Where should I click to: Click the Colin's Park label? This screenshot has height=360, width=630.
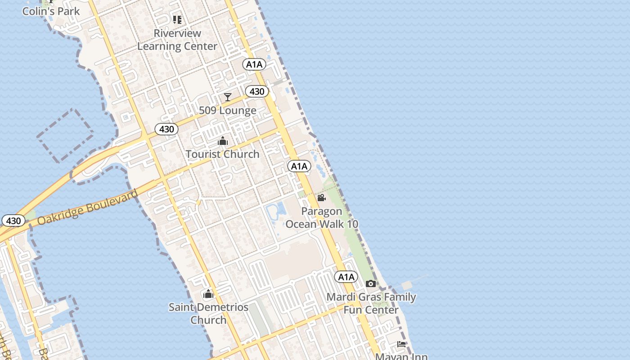51,11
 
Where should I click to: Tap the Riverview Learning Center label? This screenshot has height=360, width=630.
177,40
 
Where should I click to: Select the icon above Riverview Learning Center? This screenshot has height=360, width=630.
177,20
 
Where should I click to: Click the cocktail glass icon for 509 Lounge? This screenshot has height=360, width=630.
228,97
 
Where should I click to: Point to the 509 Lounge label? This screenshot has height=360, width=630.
228,110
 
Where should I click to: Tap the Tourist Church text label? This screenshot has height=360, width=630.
222,154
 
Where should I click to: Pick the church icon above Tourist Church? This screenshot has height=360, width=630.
222,141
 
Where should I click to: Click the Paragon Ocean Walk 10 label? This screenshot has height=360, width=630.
322,217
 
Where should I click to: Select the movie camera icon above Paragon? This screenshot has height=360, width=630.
321,198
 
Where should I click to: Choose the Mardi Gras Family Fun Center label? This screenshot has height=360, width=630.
371,303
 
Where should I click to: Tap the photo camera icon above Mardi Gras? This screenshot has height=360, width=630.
371,283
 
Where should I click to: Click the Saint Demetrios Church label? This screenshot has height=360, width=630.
208,313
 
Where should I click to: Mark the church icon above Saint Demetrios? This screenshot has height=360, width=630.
208,295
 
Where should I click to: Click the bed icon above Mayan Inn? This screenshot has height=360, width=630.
401,344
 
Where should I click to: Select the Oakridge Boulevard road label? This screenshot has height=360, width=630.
87,207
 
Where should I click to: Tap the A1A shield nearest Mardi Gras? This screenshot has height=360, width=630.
346,277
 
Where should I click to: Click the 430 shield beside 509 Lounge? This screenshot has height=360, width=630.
257,91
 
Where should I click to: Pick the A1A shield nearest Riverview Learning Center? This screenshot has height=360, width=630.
254,64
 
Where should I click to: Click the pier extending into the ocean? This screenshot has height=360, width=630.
409,284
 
